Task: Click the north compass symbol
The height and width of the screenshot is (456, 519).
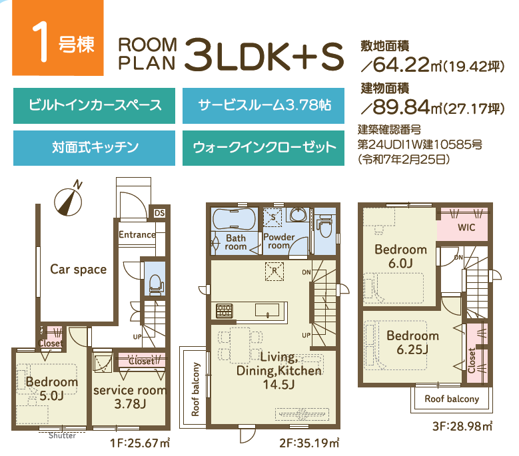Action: pos(68,202)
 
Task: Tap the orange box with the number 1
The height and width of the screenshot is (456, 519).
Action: pos(58,38)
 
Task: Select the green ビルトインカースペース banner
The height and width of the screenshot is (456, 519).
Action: pos(95,105)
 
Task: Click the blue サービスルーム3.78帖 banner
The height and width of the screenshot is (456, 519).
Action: pos(263,105)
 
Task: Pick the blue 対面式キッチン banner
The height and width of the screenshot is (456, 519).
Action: pos(95,148)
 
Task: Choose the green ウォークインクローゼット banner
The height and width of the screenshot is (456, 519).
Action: pos(263,148)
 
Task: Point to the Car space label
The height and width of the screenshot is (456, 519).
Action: pos(79,270)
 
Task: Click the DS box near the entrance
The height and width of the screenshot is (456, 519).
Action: pos(159,213)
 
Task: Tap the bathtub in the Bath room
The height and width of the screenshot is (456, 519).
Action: pos(235,219)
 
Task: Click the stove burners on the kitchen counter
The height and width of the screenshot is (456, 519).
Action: pos(225,311)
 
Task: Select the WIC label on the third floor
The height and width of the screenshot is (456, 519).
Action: pos(466,228)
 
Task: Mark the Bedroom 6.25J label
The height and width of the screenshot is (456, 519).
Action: pos(413,343)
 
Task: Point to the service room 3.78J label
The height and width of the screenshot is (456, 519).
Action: pos(130,397)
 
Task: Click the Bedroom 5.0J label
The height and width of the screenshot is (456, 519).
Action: pos(52,389)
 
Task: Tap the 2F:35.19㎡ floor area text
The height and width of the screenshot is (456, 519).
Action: pos(309,443)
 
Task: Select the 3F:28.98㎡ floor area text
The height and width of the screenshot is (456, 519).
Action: pos(462,426)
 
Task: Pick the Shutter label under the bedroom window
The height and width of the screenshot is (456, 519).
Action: pos(62,435)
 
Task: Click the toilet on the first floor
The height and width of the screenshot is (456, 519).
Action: pos(156,284)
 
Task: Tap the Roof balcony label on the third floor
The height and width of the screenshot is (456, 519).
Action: pos(452,399)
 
